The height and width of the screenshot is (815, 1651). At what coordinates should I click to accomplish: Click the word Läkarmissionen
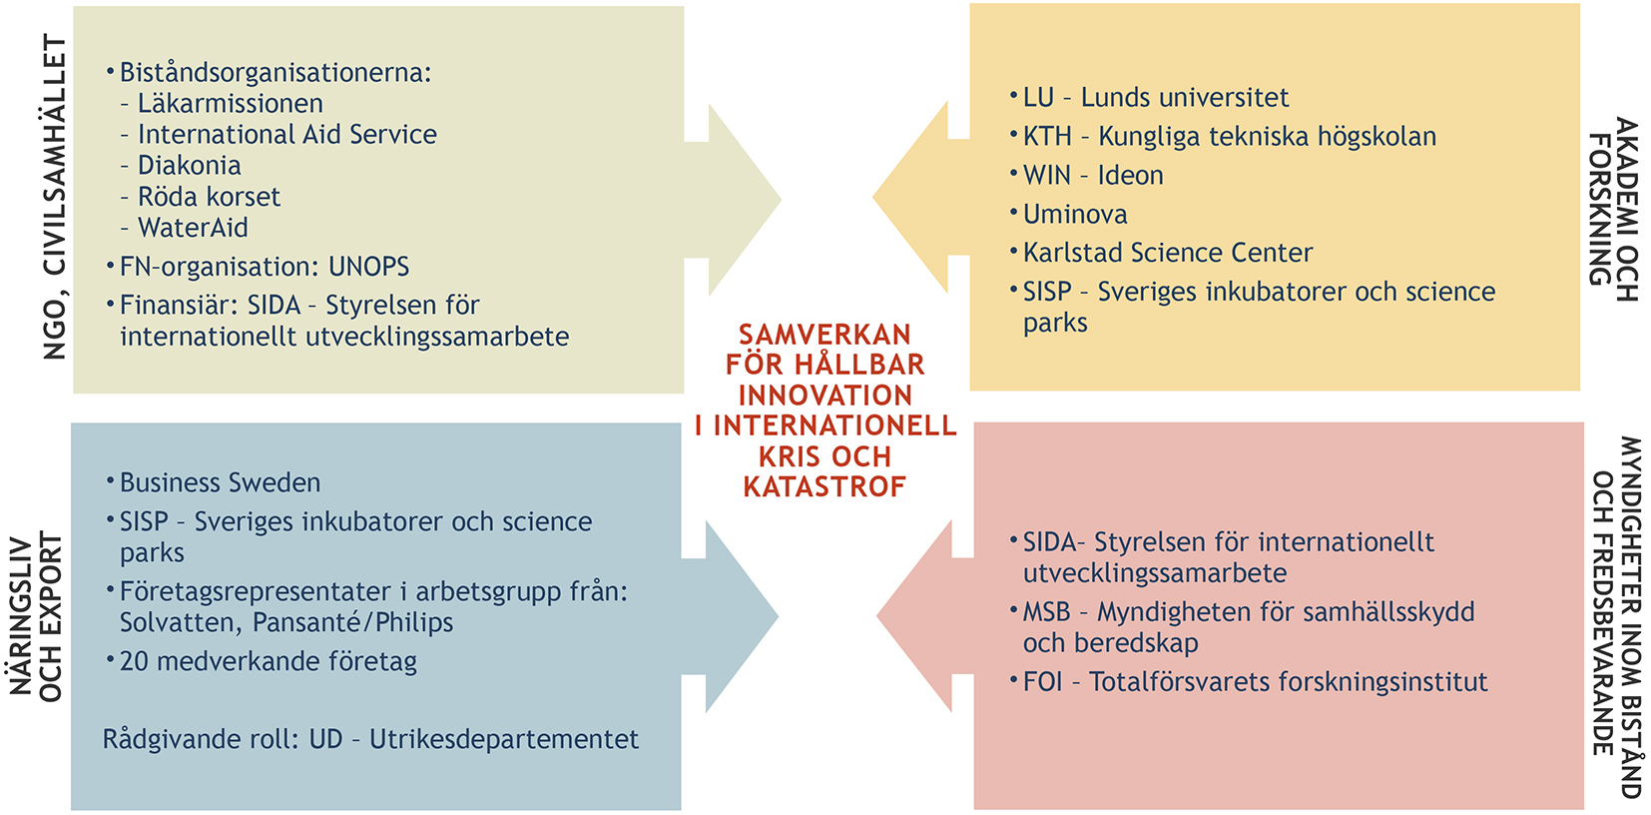(x=230, y=103)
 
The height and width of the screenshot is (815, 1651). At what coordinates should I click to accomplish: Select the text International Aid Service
(x=287, y=134)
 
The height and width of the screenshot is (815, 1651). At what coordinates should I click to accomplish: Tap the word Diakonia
(x=190, y=165)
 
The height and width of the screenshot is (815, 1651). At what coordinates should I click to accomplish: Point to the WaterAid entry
(x=193, y=228)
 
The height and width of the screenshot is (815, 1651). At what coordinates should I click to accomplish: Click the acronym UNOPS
(x=368, y=267)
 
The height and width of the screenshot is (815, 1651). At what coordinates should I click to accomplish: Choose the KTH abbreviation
(x=1047, y=137)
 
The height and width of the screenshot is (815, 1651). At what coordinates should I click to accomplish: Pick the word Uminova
(x=1075, y=215)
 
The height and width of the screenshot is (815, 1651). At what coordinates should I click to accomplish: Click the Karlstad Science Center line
(x=1168, y=253)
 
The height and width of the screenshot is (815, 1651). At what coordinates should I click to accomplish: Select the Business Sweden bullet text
(x=221, y=482)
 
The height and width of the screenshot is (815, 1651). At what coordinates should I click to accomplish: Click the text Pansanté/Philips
(x=353, y=623)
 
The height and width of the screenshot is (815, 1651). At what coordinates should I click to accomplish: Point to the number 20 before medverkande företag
(x=134, y=661)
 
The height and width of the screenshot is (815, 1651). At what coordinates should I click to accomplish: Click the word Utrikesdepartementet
(x=504, y=739)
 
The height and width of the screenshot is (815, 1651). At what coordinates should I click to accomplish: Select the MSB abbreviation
(x=1047, y=612)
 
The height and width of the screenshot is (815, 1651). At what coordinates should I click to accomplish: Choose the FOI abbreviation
(x=1043, y=682)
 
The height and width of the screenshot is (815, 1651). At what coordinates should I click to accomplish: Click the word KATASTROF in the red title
(x=825, y=487)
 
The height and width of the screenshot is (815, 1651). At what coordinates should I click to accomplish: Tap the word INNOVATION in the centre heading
(x=825, y=397)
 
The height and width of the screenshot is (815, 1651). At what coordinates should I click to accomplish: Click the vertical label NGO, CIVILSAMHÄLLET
(x=55, y=197)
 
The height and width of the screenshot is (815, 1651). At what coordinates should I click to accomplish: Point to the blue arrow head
(x=742, y=616)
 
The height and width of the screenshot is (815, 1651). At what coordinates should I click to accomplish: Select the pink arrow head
(x=914, y=616)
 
